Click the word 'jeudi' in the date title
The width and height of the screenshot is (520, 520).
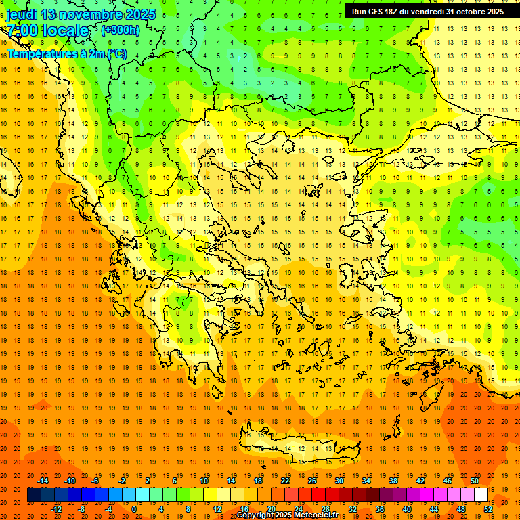(x=22, y=14)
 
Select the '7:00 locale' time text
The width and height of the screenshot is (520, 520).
(x=47, y=30)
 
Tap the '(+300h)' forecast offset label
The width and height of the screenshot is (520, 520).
(x=120, y=30)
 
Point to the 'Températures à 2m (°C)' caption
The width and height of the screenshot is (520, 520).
(x=66, y=53)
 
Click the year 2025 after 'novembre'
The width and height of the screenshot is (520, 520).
(x=139, y=14)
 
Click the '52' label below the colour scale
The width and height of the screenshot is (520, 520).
(x=488, y=509)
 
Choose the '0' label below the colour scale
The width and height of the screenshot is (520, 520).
(x=133, y=509)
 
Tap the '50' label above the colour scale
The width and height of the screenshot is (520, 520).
(x=475, y=481)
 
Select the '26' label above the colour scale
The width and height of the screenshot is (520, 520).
(x=312, y=481)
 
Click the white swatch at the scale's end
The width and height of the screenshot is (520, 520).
(x=481, y=495)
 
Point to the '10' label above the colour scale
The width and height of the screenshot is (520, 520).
(x=204, y=481)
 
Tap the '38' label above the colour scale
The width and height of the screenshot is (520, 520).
(x=393, y=481)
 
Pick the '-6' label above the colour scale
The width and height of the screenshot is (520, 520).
(x=95, y=481)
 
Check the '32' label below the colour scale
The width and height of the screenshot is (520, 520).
(x=353, y=509)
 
